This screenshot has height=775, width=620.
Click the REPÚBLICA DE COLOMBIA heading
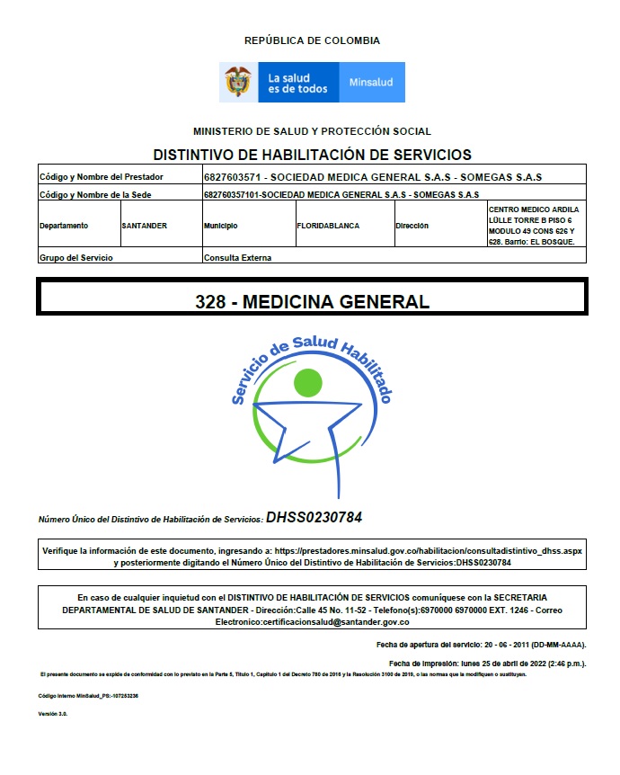(312, 40)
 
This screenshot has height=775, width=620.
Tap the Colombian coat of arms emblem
(238, 82)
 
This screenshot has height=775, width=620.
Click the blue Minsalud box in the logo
(371, 82)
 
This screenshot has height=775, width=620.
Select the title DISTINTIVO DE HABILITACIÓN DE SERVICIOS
(312, 155)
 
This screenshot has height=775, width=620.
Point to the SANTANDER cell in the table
(145, 226)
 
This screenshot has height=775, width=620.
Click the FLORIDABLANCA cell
(328, 226)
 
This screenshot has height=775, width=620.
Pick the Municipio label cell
(221, 226)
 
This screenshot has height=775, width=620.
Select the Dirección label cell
(412, 226)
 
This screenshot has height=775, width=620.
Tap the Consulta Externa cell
(237, 257)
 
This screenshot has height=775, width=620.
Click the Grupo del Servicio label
(76, 257)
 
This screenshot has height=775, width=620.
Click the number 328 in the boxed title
(209, 301)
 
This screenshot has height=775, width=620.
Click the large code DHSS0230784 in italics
(314, 518)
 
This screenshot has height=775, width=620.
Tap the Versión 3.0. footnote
(53, 713)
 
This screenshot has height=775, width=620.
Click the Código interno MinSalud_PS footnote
(88, 696)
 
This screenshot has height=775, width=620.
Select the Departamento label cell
(64, 226)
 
